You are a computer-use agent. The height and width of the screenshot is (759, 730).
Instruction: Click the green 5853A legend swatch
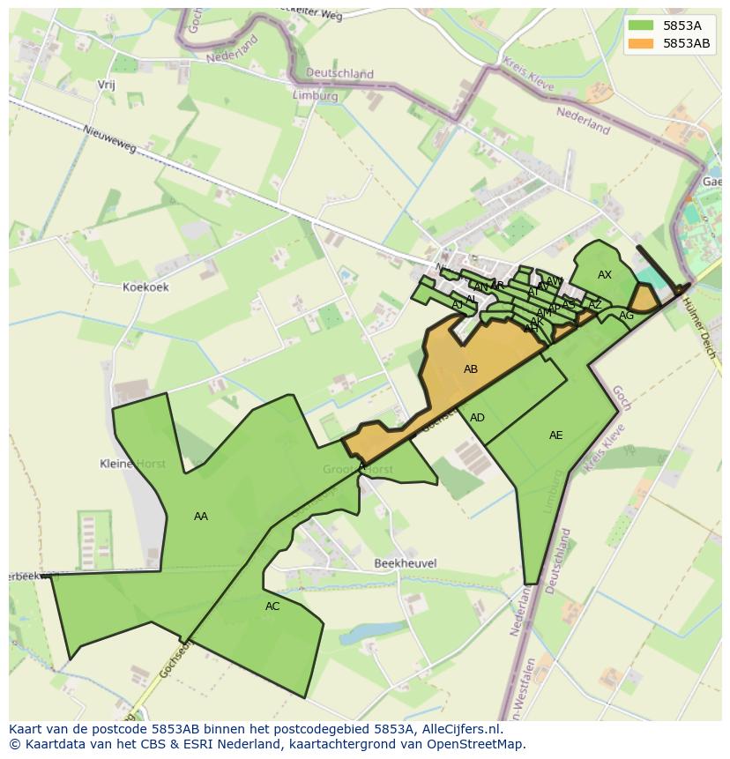641,26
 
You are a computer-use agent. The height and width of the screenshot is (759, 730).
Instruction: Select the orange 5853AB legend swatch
641,43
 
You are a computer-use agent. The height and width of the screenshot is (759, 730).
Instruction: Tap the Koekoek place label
145,286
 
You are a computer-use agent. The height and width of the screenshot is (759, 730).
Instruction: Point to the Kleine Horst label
133,464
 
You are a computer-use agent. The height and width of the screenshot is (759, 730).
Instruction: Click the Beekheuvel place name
406,563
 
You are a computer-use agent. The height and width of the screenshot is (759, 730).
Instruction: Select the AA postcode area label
201,517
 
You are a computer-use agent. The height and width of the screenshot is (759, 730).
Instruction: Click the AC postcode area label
272,606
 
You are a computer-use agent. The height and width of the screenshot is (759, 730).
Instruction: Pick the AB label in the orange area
471,369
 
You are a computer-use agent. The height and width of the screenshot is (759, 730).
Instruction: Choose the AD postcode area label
477,418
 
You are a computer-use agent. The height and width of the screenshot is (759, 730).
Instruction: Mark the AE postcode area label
555,435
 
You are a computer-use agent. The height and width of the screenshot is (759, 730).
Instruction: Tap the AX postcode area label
605,275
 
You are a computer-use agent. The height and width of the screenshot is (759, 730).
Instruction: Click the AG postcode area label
626,316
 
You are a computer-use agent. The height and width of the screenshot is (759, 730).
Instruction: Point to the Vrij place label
106,85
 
